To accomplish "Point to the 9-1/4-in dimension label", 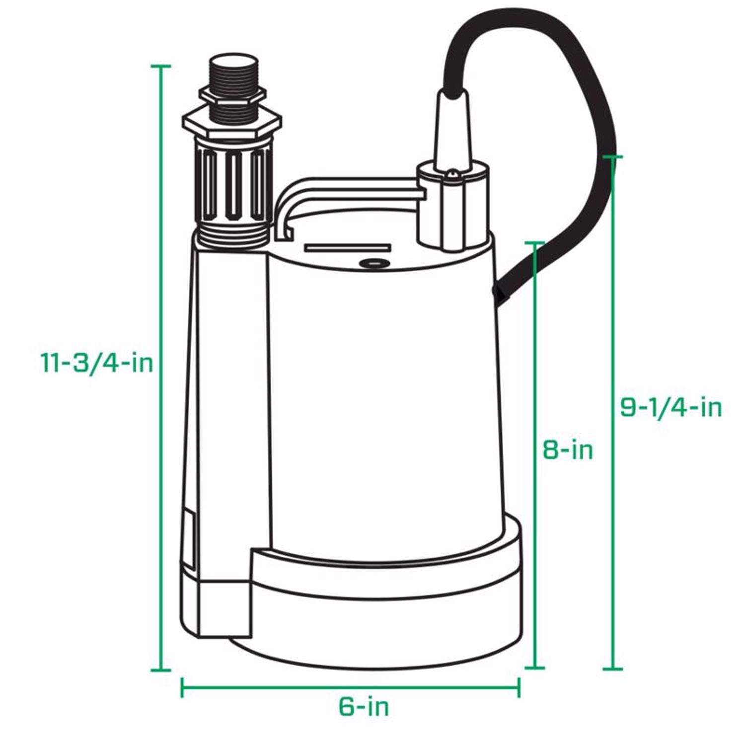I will [671, 408].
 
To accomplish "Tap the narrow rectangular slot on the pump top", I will [348, 248].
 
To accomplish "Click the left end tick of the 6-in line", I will [182, 687].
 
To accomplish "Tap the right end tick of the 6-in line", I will [519, 687].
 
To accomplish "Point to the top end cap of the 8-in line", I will [535, 242].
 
